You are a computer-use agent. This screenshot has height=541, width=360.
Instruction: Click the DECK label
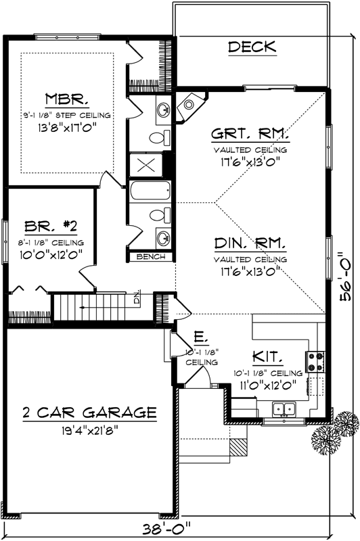252,47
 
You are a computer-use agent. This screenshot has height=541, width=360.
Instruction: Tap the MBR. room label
66,100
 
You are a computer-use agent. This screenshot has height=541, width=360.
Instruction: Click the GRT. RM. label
250,135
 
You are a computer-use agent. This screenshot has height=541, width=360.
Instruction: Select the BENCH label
148,257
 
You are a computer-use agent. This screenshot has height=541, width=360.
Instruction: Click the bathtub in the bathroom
150,191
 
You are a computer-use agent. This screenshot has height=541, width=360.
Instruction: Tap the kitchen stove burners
315,362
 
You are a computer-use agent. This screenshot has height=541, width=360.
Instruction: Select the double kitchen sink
284,408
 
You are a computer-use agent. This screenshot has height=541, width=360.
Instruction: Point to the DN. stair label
136,298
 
